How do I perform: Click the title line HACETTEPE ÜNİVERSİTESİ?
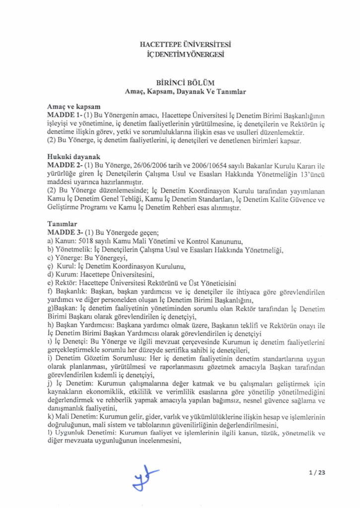(180, 45)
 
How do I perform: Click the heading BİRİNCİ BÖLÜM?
(179, 83)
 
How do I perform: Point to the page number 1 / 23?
(316, 472)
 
